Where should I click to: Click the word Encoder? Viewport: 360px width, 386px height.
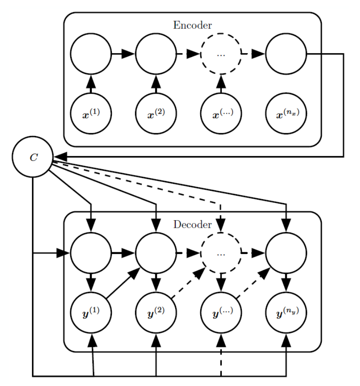[192, 25]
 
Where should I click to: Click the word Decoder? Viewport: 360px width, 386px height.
[192, 225]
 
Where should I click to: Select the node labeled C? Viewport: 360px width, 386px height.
[33, 157]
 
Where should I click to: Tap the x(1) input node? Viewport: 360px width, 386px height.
[91, 114]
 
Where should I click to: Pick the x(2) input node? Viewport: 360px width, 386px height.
[156, 114]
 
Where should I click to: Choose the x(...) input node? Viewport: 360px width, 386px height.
[221, 114]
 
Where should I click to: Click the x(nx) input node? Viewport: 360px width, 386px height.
[286, 114]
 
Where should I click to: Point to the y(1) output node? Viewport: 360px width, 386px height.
[91, 313]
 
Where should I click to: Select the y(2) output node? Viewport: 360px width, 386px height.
[156, 313]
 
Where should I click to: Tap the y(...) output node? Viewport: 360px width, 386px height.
[221, 313]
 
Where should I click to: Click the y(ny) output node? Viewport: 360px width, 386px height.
[286, 313]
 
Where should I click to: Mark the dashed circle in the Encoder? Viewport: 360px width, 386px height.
[221, 33]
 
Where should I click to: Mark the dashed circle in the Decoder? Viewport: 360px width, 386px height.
[221, 232]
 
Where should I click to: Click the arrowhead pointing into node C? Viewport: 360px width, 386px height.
[60, 157]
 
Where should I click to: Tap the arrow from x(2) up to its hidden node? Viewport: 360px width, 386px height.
[156, 84]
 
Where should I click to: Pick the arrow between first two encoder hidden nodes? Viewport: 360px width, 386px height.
[123, 54]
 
